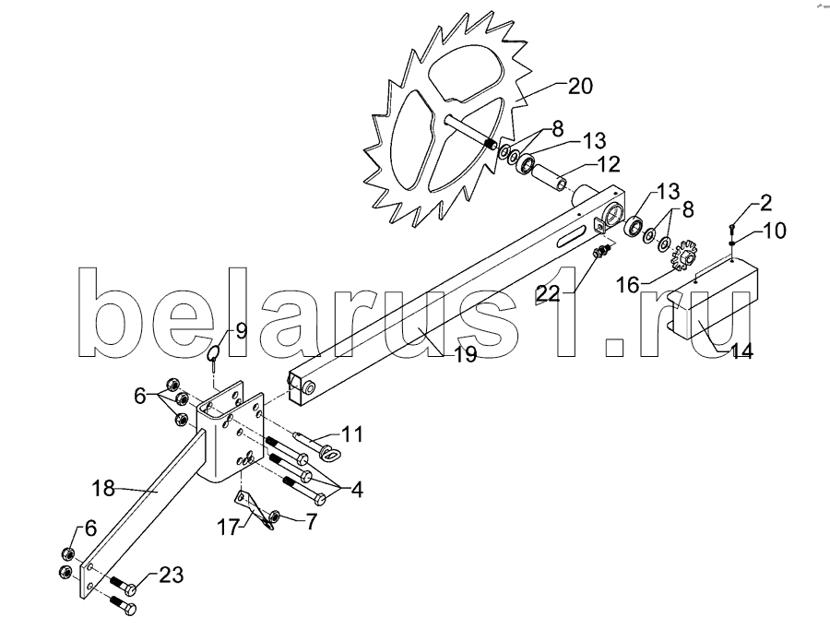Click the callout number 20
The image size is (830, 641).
click(x=580, y=87)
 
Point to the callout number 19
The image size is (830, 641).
click(x=466, y=354)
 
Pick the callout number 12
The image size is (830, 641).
click(x=609, y=164)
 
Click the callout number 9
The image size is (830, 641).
click(x=241, y=331)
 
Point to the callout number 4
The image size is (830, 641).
click(x=357, y=490)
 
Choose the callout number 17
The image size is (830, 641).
click(x=230, y=528)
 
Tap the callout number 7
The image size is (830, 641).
click(x=311, y=522)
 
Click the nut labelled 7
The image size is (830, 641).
click(x=275, y=516)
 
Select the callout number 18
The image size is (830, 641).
click(x=102, y=488)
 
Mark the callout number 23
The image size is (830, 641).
click(x=171, y=575)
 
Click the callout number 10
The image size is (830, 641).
click(x=775, y=231)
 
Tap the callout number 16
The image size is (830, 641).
click(x=628, y=286)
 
